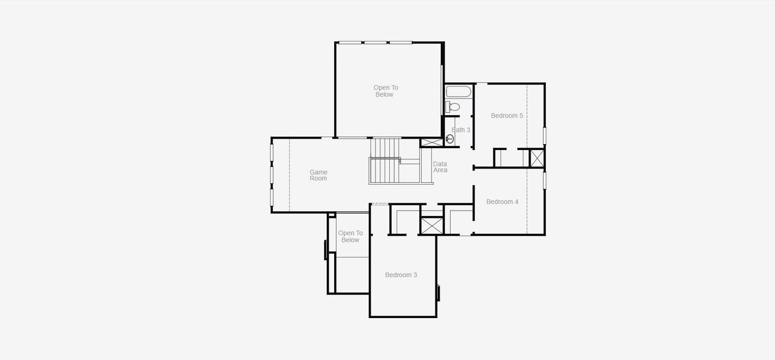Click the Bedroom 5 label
507,116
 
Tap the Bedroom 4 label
502,202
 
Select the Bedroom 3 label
401,275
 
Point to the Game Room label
319,175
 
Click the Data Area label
440,167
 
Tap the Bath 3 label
461,130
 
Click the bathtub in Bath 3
459,92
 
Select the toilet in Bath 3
453,107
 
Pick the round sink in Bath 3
450,139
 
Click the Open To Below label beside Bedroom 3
350,236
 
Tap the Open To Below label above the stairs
385,91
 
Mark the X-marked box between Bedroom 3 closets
431,226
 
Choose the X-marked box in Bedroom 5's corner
537,158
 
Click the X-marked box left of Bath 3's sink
431,142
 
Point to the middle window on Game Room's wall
272,175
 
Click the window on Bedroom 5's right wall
545,135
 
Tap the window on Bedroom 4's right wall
545,180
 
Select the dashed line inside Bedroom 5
527,115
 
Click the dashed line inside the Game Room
290,175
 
